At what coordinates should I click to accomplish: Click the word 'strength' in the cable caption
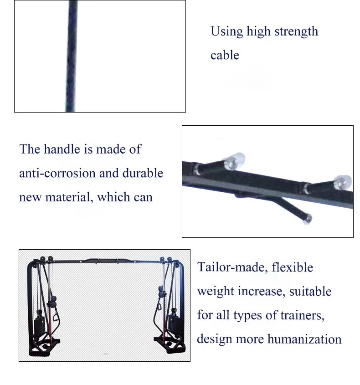tap(295, 32)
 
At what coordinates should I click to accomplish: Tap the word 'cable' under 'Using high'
tap(225, 55)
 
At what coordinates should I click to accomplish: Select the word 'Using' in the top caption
tap(226, 32)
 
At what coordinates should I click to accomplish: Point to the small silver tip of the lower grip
tap(308, 218)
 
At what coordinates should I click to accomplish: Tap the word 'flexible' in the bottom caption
tap(292, 267)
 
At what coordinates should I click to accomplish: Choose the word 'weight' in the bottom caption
tap(216, 291)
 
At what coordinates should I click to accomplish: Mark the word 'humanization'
tap(304, 339)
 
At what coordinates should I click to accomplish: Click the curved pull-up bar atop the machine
tap(105, 261)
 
